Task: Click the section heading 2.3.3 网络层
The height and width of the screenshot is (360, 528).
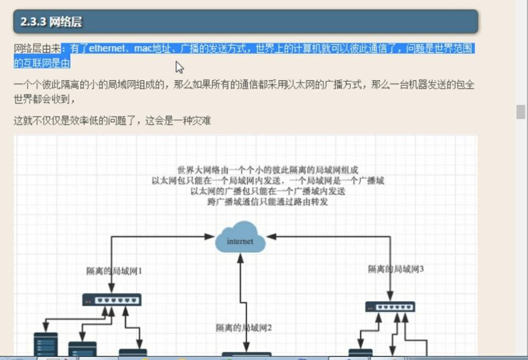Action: [51, 22]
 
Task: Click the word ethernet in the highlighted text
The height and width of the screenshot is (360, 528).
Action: [107, 48]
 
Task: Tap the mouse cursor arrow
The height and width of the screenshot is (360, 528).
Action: [179, 67]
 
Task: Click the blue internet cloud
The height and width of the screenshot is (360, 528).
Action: [240, 237]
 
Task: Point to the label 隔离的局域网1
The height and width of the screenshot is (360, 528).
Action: [114, 271]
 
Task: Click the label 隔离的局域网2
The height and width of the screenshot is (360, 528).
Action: [244, 328]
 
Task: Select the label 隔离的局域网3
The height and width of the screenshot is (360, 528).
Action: [395, 269]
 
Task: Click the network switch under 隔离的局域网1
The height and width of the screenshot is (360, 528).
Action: [112, 300]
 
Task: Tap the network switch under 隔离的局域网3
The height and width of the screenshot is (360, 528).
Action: [391, 307]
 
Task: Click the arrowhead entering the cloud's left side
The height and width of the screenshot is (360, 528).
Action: [210, 236]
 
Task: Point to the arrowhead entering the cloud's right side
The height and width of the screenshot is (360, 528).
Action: [271, 236]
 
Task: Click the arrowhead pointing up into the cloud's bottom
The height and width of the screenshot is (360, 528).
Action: [240, 258]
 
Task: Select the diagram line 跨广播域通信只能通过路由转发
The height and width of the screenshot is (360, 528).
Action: [268, 202]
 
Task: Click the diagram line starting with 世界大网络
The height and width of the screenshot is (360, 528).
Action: [268, 170]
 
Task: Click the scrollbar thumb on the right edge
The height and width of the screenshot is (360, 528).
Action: [521, 112]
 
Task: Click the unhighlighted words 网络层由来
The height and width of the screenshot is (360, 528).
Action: [37, 48]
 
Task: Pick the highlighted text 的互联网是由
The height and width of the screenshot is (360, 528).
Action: [42, 63]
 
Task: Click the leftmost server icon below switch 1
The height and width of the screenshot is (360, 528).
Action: [46, 344]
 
